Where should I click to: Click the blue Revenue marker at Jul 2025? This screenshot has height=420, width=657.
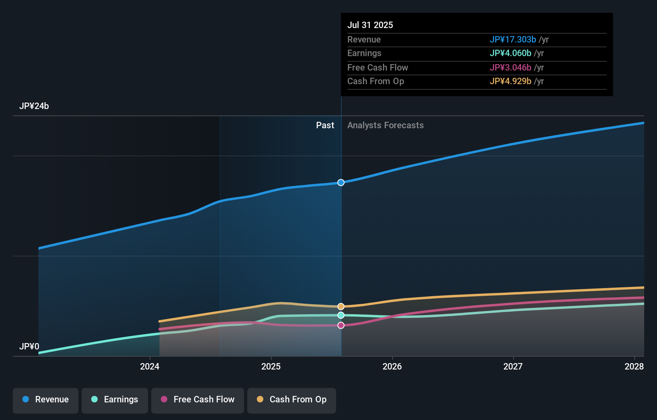[341, 183]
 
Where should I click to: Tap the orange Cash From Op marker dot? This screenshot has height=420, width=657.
[341, 307]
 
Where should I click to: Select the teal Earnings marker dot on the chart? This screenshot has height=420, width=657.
[341, 315]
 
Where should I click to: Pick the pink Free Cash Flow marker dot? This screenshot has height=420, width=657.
[341, 325]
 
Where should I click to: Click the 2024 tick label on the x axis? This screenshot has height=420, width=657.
[150, 366]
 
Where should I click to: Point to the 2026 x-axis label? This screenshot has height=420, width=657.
[392, 366]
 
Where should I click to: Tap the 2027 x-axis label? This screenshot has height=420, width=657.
[513, 366]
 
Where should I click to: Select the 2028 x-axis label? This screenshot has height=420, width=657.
[634, 366]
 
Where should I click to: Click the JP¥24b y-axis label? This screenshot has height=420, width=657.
[34, 106]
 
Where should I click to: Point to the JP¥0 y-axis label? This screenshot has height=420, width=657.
[29, 346]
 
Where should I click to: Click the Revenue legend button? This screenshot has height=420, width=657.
[46, 400]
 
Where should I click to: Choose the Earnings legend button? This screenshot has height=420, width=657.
[115, 400]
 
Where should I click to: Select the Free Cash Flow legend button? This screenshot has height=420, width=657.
[198, 400]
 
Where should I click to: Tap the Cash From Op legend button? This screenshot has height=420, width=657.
[292, 400]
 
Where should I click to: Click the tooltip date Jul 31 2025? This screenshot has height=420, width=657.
[370, 25]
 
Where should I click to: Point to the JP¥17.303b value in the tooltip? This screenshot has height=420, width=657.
[513, 40]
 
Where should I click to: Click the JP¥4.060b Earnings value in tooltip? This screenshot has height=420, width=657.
[510, 53]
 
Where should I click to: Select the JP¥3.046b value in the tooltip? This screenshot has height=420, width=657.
[510, 68]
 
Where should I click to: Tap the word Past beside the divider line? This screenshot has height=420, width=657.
[325, 125]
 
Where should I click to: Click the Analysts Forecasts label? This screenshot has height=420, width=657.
[385, 125]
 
